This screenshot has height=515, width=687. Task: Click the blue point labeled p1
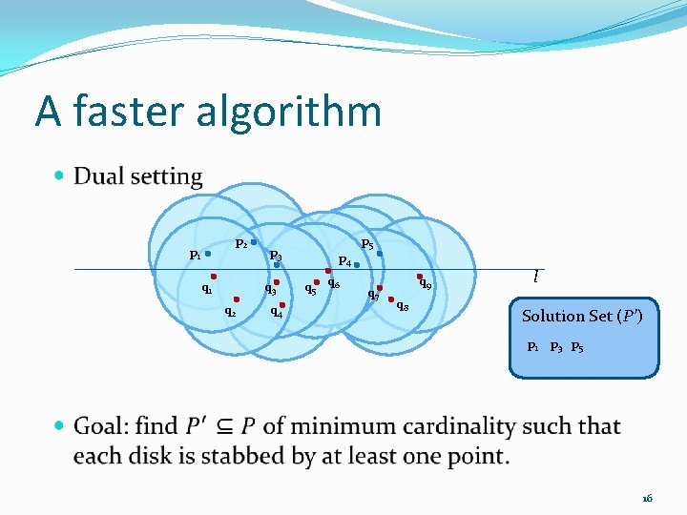pos(208,254)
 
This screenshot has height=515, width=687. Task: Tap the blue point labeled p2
pos(254,242)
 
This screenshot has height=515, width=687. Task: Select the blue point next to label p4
pos(357,264)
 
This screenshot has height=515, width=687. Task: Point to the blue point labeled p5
pos(380,254)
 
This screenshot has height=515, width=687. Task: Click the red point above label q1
pos(214,277)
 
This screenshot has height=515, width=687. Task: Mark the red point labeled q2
pos(236,299)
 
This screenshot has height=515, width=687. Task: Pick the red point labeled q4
pos(282,304)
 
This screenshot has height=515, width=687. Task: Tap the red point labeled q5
pos(316,281)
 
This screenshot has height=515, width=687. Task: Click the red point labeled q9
pos(419,276)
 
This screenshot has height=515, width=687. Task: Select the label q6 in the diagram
pos(334,282)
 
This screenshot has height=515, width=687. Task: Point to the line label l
pos(536,277)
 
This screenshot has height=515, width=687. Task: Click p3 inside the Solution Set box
pos(555,347)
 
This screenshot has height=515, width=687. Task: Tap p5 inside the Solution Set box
pos(577,347)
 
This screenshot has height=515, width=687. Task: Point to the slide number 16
pos(647,498)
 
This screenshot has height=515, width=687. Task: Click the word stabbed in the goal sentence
pos(260,456)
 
